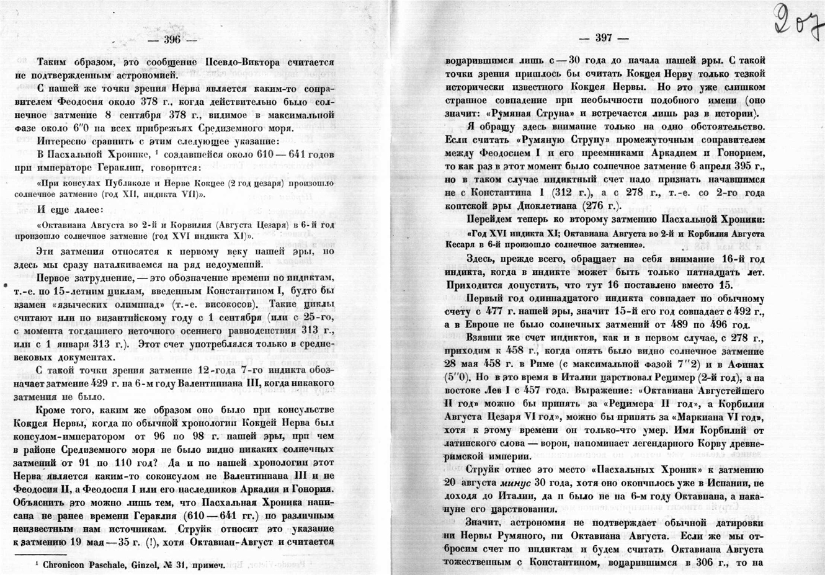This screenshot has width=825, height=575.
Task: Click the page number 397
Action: tap(603, 37)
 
